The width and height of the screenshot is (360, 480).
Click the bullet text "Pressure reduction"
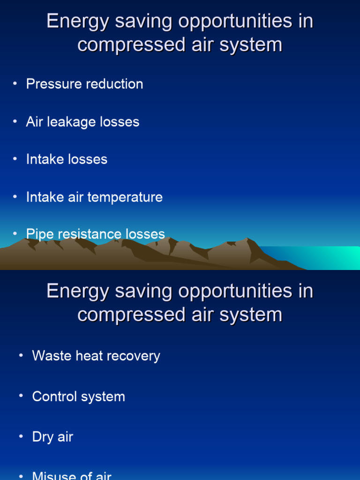tap(84, 84)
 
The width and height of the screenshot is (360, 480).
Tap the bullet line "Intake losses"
tap(67, 159)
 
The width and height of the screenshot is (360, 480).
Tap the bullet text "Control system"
tap(78, 397)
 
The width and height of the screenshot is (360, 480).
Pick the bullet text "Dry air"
tap(52, 437)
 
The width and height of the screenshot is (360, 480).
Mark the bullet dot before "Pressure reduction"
tap(15, 84)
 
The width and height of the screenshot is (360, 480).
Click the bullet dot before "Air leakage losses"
tap(15, 121)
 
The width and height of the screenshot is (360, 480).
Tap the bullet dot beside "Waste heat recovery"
tap(21, 355)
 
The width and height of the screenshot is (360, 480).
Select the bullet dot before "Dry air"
tap(21, 436)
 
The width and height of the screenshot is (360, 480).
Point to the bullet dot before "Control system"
tap(21, 396)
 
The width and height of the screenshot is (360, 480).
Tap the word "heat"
tap(90, 356)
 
